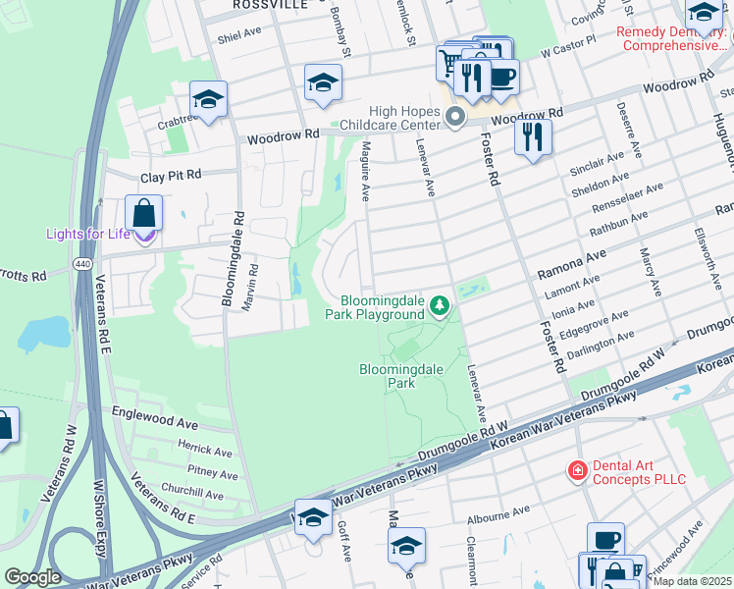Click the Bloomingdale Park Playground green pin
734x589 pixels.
(442, 307)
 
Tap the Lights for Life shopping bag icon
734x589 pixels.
(144, 213)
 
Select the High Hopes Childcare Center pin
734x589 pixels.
(454, 118)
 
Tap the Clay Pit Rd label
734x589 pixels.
(170, 175)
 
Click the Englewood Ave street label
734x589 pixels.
(155, 420)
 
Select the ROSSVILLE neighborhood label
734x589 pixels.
(268, 5)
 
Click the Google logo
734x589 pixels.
(32, 577)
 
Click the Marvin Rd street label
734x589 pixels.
(254, 284)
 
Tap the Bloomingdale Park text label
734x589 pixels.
(401, 376)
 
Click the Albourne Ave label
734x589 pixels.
(498, 514)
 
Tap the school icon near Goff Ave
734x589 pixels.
(313, 518)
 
